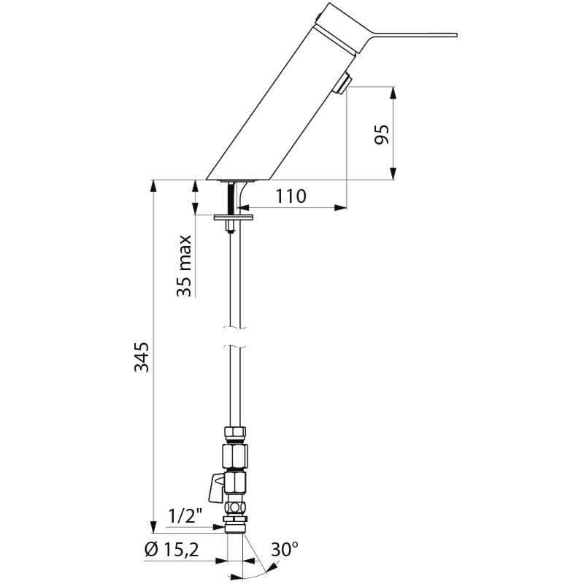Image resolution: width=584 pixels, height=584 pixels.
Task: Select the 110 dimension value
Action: pos(291,196)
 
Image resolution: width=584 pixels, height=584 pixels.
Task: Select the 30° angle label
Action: pos(285,550)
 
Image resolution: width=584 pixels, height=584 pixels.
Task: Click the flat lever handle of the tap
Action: pos(409,33)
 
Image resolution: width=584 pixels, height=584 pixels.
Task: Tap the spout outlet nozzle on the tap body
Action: pos(342,85)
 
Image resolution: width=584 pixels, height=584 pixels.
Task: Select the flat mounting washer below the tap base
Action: pos(232,216)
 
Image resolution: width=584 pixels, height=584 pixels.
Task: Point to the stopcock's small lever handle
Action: pos(216,487)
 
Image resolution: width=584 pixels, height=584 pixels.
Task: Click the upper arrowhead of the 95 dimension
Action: pos(394,93)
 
